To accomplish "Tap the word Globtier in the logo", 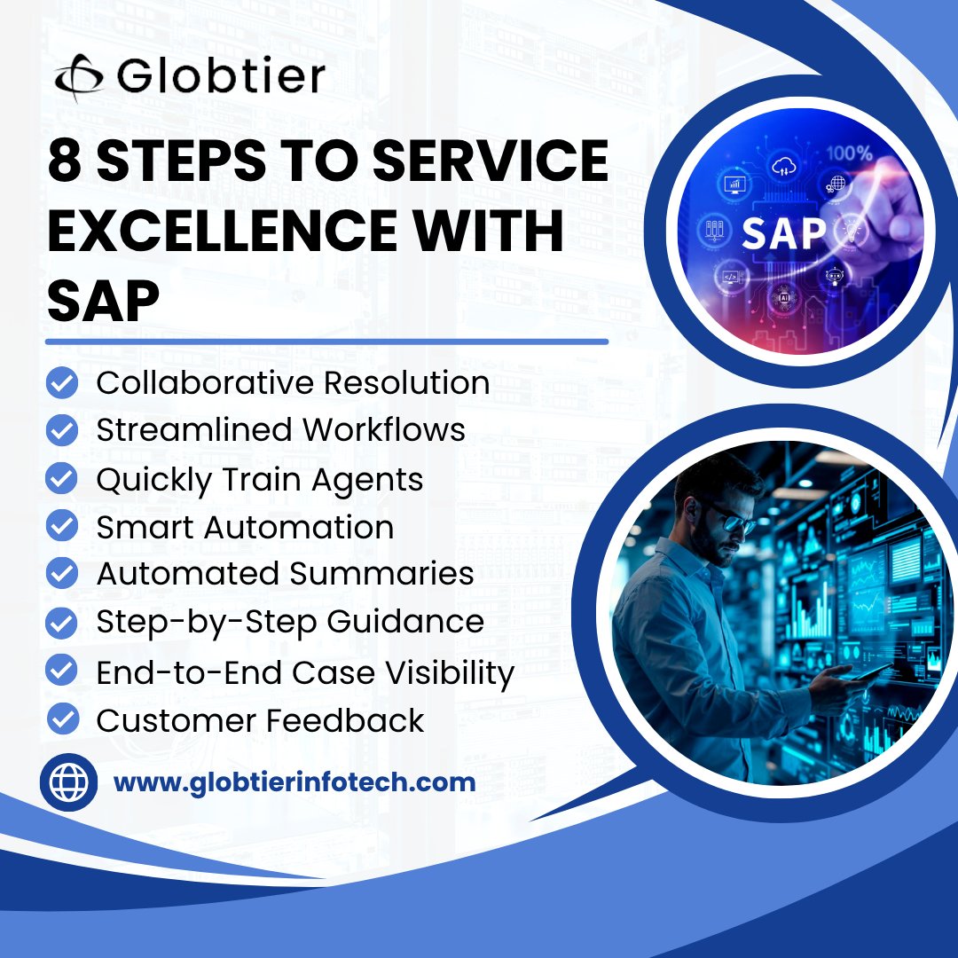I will click(220, 76).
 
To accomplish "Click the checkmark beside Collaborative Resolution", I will click(61, 383).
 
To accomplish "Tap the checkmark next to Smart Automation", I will click(61, 527).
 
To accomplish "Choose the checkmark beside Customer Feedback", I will click(61, 719).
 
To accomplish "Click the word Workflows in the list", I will click(383, 430).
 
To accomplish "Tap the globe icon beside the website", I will click(69, 783).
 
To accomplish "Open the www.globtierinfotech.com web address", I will click(294, 783).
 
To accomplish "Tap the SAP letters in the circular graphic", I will click(783, 232).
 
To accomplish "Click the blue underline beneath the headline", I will click(326, 341).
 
